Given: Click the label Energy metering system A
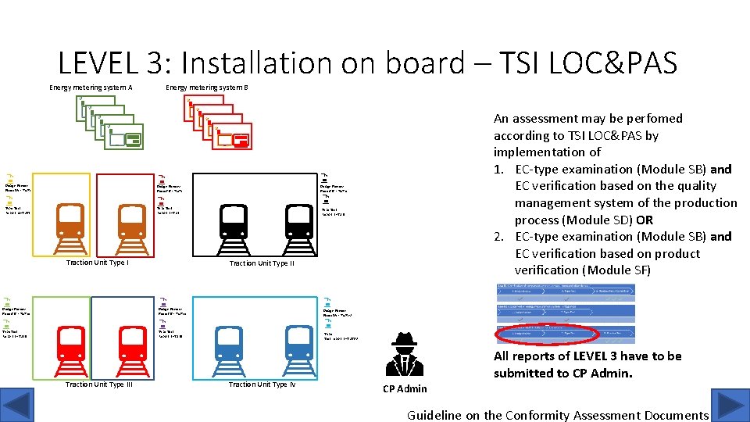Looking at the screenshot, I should click(91, 88).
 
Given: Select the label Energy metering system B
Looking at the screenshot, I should click(207, 88).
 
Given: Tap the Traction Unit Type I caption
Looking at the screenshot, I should click(98, 263).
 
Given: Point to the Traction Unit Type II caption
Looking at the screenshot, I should click(262, 263).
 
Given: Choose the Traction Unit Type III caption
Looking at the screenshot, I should click(98, 384).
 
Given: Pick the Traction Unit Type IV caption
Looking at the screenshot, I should click(262, 384).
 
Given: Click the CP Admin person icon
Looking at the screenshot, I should click(405, 356).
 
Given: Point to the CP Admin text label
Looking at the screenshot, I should click(405, 388).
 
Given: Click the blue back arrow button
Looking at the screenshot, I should click(17, 406).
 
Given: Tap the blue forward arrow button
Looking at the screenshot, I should click(732, 406).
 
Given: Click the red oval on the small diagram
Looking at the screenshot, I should click(547, 334).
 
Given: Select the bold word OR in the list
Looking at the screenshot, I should click(645, 220).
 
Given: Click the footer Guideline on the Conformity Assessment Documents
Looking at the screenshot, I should click(558, 415).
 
